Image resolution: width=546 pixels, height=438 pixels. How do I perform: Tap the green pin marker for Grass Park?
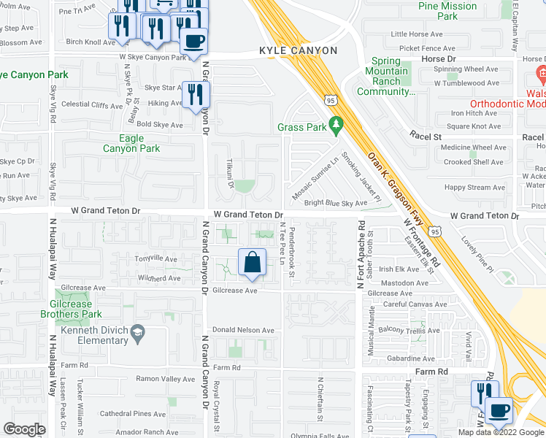[336, 126]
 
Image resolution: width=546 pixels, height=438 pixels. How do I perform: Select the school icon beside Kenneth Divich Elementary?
[136, 336]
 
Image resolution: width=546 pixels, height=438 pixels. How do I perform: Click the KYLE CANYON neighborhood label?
[299, 50]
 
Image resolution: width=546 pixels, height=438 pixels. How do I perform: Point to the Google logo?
[24, 429]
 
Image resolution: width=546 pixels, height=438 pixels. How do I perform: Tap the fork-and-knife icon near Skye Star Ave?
[196, 94]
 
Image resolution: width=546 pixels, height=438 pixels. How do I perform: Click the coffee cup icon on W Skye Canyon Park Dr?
[193, 41]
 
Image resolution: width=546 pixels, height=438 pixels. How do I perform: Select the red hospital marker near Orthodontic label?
[541, 73]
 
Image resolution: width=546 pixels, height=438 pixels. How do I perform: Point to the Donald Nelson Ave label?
[243, 331]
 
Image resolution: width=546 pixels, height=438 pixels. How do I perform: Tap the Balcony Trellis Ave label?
[411, 330]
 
